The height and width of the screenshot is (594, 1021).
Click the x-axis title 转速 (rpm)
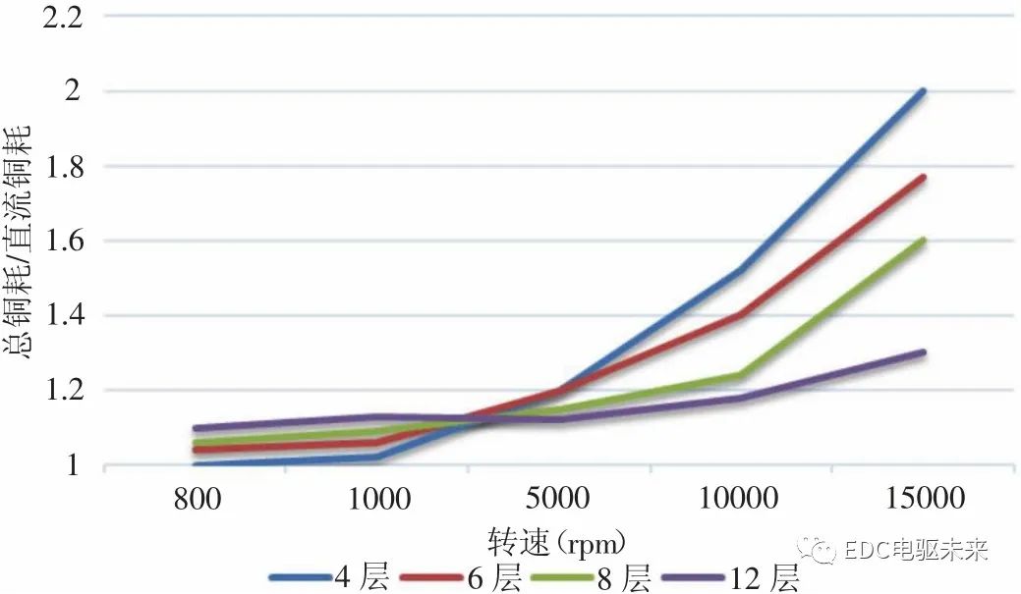coord(557,540)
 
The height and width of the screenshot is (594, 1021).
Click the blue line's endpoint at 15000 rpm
coord(923,91)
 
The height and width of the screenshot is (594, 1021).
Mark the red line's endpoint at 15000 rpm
coord(923,178)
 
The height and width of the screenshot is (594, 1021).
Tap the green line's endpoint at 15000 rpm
coord(923,241)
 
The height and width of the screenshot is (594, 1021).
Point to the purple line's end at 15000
coord(923,352)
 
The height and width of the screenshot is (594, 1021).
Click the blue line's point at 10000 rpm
coord(740,270)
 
